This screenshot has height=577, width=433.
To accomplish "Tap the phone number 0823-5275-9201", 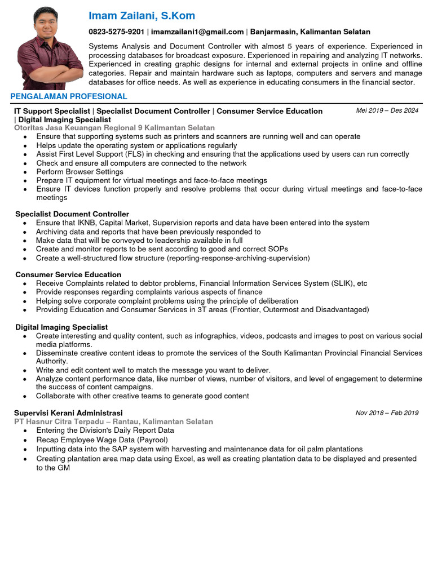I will pos(117,32).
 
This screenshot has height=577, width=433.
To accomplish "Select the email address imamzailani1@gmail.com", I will pos(197,32).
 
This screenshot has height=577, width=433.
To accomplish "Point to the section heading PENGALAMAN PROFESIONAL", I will pos(69,97).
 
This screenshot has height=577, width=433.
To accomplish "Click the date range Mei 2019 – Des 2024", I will pos(387,110).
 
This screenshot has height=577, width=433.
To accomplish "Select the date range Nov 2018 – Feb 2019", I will pos(387,413).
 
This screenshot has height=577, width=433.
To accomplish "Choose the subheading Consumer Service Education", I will pos(68,274).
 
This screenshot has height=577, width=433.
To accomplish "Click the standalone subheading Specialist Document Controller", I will pos(72,214).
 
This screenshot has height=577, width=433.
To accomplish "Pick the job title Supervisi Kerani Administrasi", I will pos(68,413).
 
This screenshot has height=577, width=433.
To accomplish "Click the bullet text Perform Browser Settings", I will pos(79,172).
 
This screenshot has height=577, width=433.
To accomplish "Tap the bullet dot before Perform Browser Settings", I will pos(26,172).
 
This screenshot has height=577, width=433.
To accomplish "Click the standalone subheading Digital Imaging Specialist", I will pos(61,327).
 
